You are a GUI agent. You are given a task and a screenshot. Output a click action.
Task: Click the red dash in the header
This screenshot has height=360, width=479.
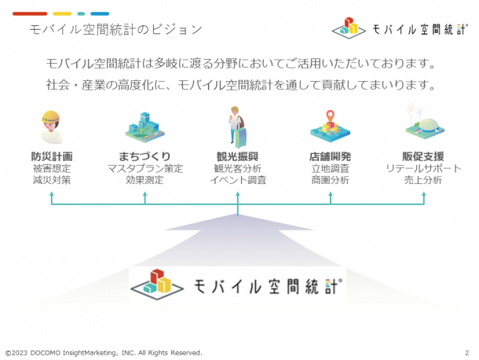coord(30,14)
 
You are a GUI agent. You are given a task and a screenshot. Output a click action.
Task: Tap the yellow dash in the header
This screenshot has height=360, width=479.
coord(62,14)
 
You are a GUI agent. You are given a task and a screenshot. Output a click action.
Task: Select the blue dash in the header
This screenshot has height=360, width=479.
coord(100,14)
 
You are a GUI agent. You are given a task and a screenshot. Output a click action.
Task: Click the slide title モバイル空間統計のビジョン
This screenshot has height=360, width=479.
coord(115,30)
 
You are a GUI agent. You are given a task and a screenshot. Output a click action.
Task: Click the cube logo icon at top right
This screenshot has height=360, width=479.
coord(349,28)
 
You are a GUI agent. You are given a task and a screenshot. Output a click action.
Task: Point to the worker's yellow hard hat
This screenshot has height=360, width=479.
coord(50,116)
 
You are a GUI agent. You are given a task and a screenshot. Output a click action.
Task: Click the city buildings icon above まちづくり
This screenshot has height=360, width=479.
coord(144,127)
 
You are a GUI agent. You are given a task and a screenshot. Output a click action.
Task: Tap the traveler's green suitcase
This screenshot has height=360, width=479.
coord(241,137)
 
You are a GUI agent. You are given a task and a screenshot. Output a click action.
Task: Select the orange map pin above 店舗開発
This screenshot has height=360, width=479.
coord(331,116)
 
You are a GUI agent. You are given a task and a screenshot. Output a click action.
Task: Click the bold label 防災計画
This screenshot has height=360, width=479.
coord(52,156)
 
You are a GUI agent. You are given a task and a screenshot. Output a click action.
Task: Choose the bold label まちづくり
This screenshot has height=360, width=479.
coord(144,156)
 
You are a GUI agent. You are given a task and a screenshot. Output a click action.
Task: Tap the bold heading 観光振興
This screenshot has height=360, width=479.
coord(238,156)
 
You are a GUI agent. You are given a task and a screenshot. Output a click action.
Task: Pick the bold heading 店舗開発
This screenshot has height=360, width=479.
coord(331,156)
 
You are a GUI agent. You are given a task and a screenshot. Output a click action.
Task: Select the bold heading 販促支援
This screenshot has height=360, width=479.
coord(423,156)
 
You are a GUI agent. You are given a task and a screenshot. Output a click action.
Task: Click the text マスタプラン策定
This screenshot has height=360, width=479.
coord(145,168)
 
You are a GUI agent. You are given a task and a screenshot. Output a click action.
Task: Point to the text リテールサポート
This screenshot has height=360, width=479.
coord(423,168)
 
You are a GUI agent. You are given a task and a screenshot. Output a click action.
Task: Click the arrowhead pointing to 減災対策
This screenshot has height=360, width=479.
coord(52,194)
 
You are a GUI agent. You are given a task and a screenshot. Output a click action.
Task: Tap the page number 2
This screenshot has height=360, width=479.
coord(466,353)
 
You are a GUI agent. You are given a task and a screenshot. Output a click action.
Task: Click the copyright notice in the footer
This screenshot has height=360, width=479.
coord(104,353)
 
